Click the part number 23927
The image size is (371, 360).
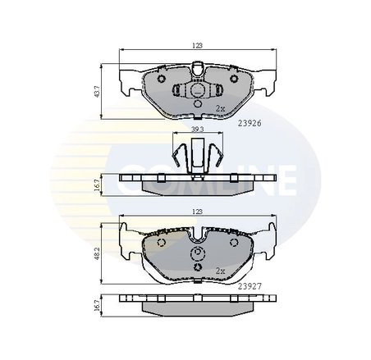(x=250, y=286)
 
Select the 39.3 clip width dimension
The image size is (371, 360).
(x=197, y=130)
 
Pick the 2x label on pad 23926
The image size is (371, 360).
(x=219, y=107)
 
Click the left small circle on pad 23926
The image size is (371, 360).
(x=162, y=80)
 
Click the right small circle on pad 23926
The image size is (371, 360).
(x=232, y=80)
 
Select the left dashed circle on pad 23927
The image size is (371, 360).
(x=161, y=243)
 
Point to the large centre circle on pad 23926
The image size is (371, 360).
(x=197, y=91)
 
